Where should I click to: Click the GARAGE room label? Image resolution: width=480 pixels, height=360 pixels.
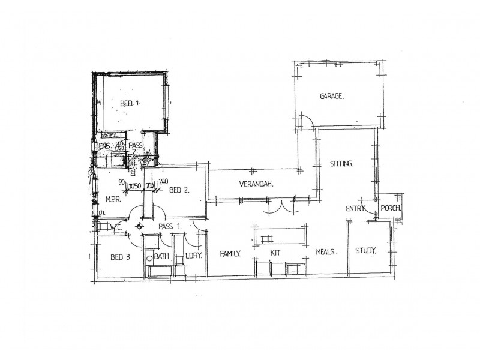(331, 96)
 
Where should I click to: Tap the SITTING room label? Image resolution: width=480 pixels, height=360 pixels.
(341, 164)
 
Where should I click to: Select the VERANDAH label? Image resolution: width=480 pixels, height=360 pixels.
(256, 184)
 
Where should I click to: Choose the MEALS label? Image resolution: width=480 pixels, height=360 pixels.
(325, 253)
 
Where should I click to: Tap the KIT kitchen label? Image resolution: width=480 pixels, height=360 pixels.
(275, 253)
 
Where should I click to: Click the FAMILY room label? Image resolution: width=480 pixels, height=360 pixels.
(230, 254)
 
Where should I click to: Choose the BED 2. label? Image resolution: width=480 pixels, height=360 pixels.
(179, 190)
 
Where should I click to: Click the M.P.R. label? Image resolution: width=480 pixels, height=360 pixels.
(114, 199)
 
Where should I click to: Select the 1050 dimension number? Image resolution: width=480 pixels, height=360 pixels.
(134, 185)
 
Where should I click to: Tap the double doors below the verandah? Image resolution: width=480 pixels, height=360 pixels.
(277, 206)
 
